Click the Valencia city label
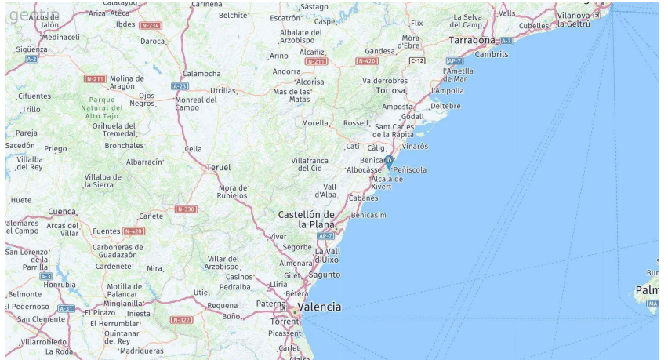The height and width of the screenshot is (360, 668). tap(320, 307)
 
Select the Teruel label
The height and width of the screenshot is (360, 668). tap(218, 167)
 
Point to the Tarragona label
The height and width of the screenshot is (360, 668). tap(472, 40)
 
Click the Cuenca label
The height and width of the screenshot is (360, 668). tap(62, 211)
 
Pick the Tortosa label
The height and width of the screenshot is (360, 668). tap(390, 90)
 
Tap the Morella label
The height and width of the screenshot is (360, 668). tap(315, 123)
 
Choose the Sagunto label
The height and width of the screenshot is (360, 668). tap(324, 275)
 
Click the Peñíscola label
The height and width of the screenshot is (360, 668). tap(410, 169)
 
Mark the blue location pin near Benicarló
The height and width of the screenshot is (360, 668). tap(388, 162)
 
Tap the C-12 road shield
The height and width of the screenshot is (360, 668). tap(417, 60)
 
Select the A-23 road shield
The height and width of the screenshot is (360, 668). tap(180, 85)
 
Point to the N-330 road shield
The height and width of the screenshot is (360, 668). tap(186, 209)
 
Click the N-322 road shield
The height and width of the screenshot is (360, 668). tap(181, 320)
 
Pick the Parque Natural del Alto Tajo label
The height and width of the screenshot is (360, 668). tap(102, 107)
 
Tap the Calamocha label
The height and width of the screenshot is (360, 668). tap(201, 74)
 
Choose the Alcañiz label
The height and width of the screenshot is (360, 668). tap(312, 52)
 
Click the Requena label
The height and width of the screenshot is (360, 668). tap(222, 305)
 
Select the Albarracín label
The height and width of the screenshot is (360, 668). tap(144, 162)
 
